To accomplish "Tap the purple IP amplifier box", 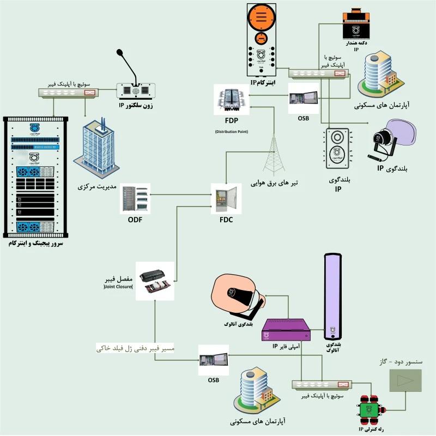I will point(287,330).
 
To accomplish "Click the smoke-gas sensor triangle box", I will point(405,379).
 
